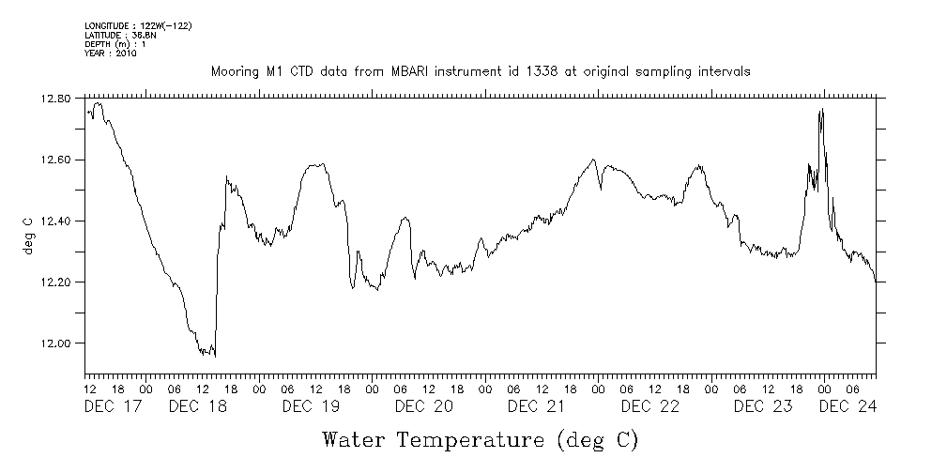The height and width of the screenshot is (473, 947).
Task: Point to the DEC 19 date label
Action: (x=310, y=406)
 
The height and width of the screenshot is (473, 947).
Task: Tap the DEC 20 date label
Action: (x=423, y=406)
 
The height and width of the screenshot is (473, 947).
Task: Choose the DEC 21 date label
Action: (x=536, y=406)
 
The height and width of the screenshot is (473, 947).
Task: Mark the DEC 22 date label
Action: (x=649, y=406)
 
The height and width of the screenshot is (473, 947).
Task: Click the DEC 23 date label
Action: (x=762, y=406)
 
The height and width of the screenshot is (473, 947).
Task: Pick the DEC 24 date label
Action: (x=848, y=406)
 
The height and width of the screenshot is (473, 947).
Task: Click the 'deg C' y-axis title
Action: (x=27, y=235)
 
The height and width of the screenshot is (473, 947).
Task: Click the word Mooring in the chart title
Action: (x=235, y=71)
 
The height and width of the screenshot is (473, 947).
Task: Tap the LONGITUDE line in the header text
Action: (x=138, y=24)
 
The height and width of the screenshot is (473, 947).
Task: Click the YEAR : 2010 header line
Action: (x=111, y=53)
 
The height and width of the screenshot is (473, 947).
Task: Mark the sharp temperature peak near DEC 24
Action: (x=822, y=110)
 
